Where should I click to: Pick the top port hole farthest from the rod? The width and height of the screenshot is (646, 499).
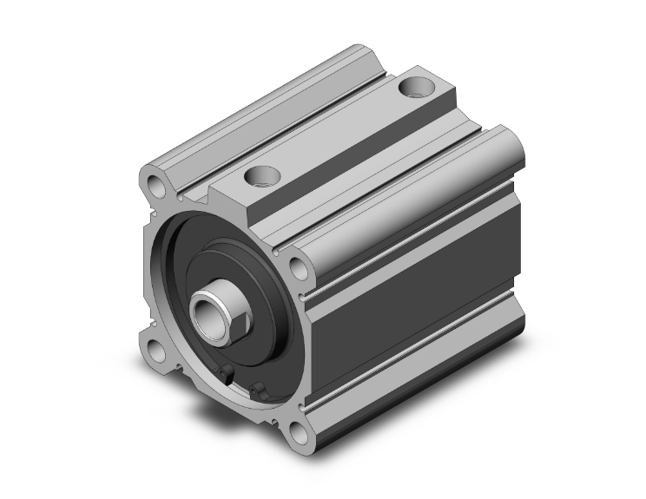(x=412, y=88)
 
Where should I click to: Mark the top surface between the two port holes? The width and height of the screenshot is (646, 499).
(x=339, y=130)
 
